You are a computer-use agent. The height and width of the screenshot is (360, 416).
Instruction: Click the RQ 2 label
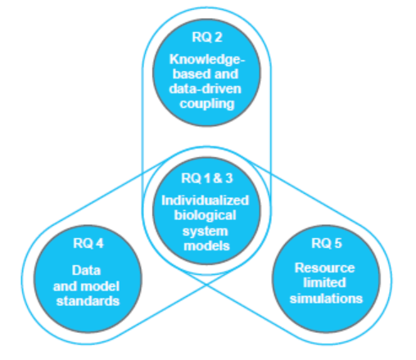pos(207,37)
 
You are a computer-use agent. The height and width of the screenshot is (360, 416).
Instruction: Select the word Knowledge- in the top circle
pos(206,60)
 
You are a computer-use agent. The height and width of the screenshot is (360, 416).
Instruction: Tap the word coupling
pos(207,104)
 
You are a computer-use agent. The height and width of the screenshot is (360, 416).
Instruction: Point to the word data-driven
pos(206,89)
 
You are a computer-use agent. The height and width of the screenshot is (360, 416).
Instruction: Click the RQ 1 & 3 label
pos(207,178)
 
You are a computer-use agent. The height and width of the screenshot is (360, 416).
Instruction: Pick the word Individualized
pos(206,200)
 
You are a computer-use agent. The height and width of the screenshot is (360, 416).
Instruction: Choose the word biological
pos(205,216)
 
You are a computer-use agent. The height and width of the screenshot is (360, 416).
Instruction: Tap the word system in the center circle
pos(205,232)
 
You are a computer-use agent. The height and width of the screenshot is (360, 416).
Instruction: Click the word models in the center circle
pos(206,245)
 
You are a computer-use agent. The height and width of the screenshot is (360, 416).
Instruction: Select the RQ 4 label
pos(88,243)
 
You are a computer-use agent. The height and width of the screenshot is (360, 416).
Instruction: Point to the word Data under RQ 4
pos(86,271)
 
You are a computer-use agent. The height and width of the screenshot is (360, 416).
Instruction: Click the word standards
pos(88,301)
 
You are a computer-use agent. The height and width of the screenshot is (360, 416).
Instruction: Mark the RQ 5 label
pos(327,243)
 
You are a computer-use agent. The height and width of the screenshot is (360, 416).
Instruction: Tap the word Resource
pos(325,268)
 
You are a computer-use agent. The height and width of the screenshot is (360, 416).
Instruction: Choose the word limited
pos(324,282)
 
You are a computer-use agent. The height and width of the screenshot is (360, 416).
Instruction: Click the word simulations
pos(326,299)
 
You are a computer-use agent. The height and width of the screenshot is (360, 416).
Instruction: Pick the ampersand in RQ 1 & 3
pos(217,178)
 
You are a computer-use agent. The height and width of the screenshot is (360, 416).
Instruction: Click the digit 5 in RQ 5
pos(338,243)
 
